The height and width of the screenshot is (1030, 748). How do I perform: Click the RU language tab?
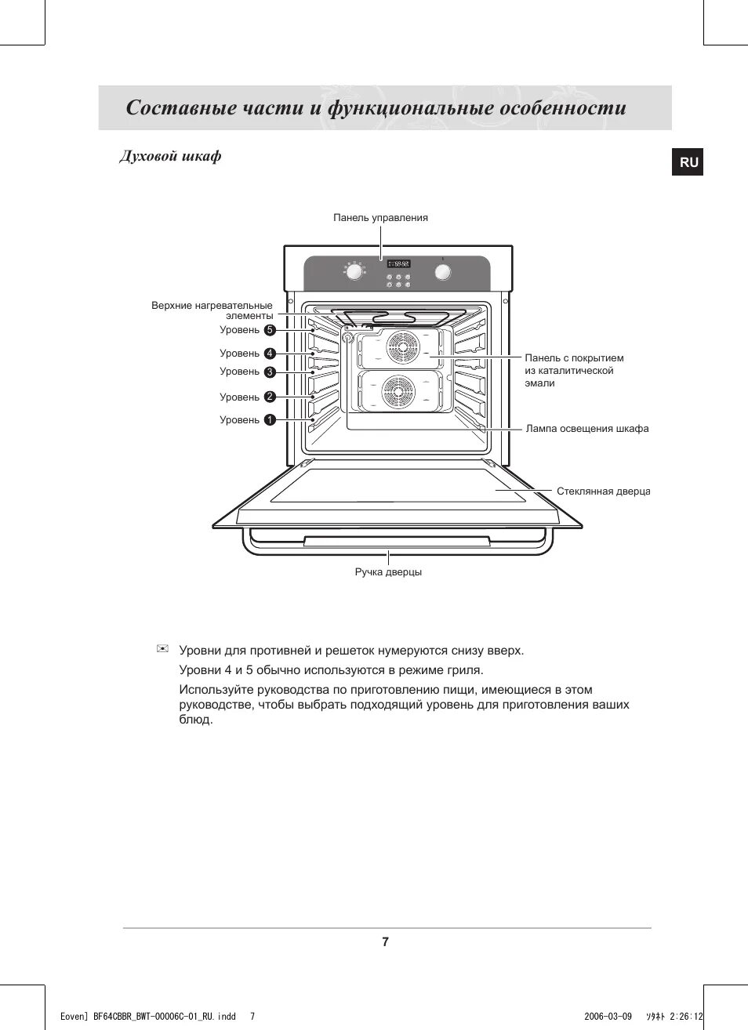688,162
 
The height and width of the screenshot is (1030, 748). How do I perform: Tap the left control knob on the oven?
354,272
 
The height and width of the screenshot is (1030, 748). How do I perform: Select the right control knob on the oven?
443,272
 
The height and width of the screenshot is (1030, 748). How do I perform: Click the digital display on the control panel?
398,263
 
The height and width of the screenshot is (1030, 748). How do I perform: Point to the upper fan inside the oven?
402,348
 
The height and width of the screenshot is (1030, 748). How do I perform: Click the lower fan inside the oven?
398,390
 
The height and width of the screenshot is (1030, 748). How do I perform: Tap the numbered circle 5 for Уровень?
270,330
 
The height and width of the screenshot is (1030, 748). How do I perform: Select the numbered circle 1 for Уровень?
270,420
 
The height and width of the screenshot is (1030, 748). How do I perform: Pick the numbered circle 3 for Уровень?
270,372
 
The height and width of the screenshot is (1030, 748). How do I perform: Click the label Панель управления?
380,218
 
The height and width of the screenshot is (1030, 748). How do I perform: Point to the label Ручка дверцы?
388,572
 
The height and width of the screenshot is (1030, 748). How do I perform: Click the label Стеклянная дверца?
603,491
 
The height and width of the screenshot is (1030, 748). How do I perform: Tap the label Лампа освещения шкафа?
586,429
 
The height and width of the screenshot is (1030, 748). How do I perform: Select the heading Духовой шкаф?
170,156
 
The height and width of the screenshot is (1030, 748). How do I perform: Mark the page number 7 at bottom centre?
385,942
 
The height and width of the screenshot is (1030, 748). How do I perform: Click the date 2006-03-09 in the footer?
608,1017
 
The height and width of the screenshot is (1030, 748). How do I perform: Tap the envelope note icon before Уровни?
163,648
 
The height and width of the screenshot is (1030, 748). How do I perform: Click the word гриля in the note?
463,670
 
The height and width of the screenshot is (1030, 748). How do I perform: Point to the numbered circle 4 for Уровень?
270,354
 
